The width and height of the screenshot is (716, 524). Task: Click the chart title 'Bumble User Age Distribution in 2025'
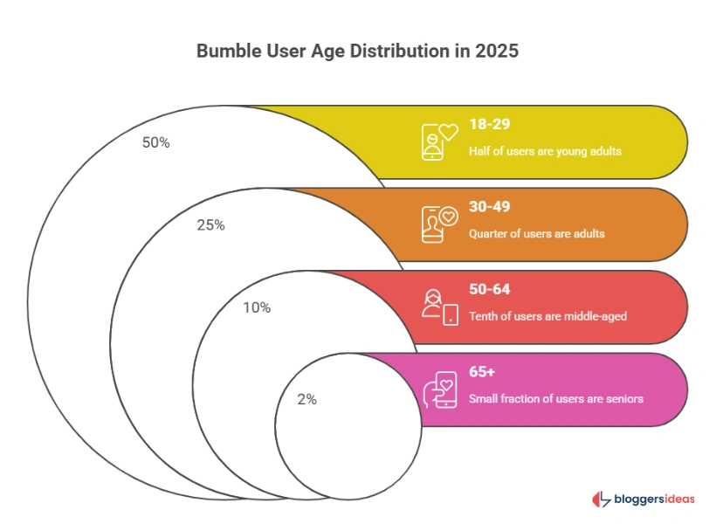(357, 51)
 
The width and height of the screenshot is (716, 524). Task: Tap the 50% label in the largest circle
(155, 142)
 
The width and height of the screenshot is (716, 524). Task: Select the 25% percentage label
(210, 224)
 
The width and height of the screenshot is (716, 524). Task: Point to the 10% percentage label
(257, 307)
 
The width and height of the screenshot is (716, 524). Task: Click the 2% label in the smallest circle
(306, 399)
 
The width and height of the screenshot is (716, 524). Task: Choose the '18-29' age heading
(488, 124)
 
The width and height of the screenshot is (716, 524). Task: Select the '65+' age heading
(482, 371)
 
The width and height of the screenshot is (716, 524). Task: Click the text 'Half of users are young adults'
(545, 151)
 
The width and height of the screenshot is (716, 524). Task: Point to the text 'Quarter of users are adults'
(536, 233)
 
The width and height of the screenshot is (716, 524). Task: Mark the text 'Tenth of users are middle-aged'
(547, 316)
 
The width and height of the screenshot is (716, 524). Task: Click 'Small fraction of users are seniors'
(555, 398)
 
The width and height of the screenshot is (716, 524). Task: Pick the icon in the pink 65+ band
(439, 389)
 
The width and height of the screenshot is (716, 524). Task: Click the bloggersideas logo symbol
(601, 500)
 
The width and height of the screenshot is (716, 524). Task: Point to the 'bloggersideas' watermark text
(655, 500)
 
